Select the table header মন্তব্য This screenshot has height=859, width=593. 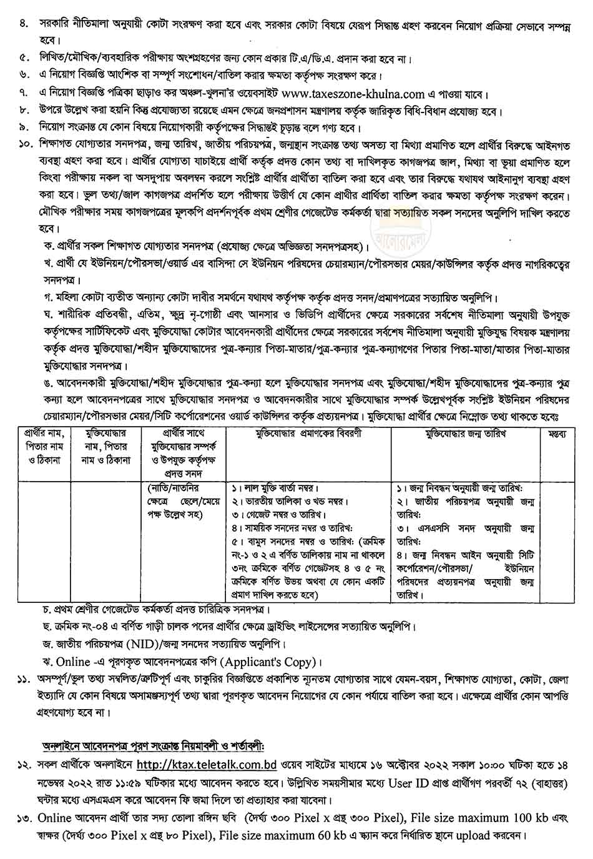coord(557,434)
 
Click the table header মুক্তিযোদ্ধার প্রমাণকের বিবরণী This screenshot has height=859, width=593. coord(310,434)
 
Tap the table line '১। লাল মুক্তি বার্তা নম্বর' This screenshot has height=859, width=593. coord(273,488)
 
